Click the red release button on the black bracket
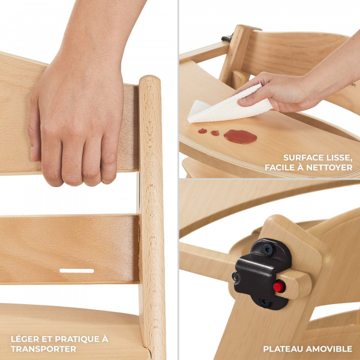point(279,287)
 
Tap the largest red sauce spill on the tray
point(240,137)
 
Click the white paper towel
point(230,105)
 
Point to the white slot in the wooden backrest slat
point(77,271)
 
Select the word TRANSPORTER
point(43,349)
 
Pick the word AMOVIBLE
point(329,349)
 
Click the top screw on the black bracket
point(268,250)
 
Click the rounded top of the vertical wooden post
point(149,79)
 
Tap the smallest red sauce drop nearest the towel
point(202,131)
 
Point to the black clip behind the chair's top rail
point(227,38)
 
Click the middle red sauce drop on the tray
point(215,133)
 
